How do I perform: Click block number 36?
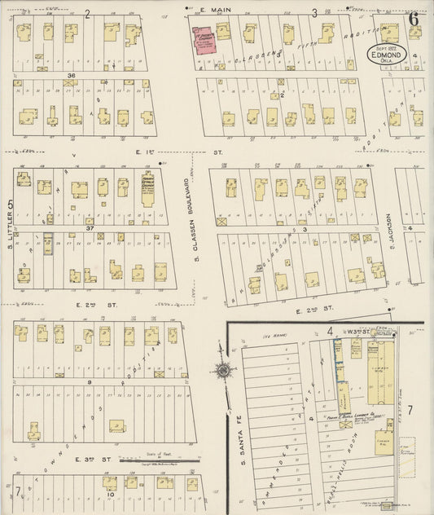coord(72,76)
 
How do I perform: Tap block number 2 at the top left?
coord(87,14)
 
